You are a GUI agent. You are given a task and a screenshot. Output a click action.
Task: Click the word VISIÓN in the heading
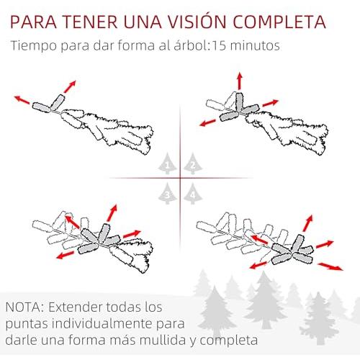click(x=197, y=22)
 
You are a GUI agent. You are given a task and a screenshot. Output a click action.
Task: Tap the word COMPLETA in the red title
click(x=279, y=22)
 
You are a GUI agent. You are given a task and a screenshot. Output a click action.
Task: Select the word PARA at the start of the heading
click(x=33, y=22)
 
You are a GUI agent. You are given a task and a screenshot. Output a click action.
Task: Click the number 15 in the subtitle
click(x=219, y=45)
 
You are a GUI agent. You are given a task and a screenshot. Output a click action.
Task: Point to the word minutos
click(x=255, y=45)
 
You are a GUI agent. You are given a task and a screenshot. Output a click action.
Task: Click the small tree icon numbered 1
click(x=168, y=164)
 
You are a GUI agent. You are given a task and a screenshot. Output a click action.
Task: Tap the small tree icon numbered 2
click(x=193, y=164)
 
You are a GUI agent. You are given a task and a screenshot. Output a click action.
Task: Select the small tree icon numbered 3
click(x=168, y=194)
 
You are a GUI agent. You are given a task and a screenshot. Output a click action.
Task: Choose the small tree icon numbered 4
click(x=193, y=194)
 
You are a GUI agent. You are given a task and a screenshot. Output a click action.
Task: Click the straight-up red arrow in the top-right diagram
click(x=239, y=81)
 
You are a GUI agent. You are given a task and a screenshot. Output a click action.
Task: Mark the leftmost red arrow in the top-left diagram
click(x=22, y=99)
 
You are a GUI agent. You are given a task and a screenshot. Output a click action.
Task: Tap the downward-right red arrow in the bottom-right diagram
click(x=330, y=266)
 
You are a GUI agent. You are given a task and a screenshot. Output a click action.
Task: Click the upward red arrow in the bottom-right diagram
click(x=307, y=223)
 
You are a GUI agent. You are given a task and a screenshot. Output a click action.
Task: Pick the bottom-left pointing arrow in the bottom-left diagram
click(x=66, y=255)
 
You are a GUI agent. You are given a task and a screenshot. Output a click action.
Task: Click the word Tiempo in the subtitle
click(x=33, y=45)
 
